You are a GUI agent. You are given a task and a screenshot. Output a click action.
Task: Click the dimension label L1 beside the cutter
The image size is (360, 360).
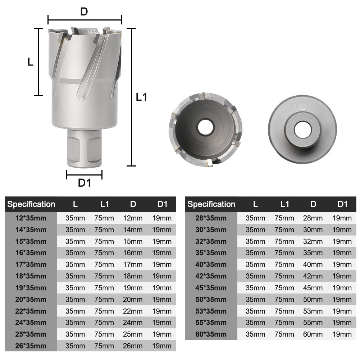tap(142, 97)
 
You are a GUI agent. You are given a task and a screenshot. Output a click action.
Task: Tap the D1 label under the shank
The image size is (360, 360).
tap(85, 183)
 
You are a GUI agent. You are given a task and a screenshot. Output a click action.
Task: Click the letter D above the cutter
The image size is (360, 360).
tap(84, 12)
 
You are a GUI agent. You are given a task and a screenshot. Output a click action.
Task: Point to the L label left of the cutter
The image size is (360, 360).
tap(31, 62)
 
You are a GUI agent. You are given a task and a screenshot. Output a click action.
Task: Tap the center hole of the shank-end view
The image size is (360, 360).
tap(302, 130)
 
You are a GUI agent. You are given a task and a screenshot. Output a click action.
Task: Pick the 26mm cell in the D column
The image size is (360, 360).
tap(133, 346)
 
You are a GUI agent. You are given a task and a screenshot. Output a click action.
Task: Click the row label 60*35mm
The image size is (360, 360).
tap(211, 334)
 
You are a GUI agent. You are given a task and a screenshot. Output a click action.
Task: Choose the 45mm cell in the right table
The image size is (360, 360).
tap(313, 288)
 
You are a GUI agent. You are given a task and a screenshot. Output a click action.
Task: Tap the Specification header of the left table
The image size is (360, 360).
tap(31, 204)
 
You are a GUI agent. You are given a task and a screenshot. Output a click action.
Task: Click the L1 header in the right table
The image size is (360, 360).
tap(284, 204)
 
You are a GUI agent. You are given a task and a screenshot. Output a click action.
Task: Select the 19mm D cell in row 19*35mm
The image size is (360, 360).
tap(133, 288)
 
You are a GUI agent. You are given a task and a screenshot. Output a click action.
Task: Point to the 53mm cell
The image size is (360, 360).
tap(313, 311)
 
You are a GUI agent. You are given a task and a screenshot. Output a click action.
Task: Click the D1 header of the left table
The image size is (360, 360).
tap(162, 204)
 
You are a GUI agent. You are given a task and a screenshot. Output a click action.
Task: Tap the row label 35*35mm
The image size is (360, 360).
tap(211, 253)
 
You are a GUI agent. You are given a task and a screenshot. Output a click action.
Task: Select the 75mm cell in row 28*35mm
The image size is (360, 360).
tap(284, 218)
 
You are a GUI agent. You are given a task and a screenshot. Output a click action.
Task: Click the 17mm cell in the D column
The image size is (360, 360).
tap(133, 265)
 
